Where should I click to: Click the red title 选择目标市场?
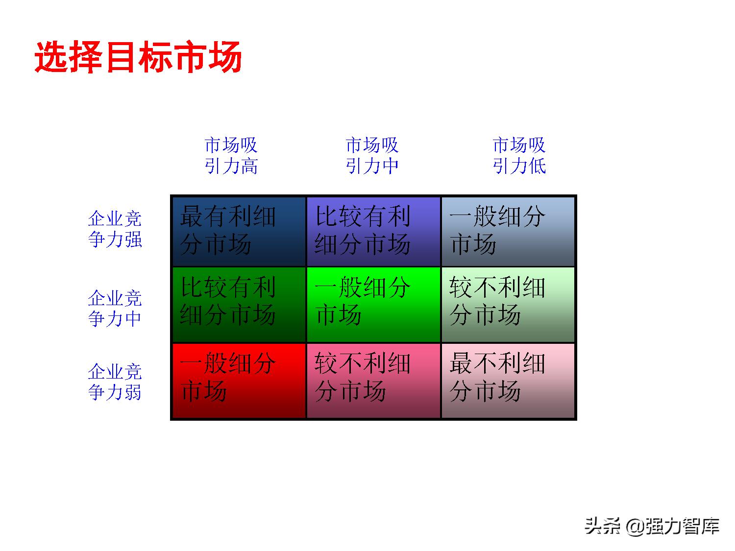pyautogui.click(x=139, y=57)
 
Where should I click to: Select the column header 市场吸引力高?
pyautogui.click(x=231, y=156)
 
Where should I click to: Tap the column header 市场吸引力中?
pyautogui.click(x=372, y=156)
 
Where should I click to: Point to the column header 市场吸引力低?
pyautogui.click(x=519, y=156)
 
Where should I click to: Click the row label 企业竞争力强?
pyautogui.click(x=115, y=229)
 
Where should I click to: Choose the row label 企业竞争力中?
pyautogui.click(x=115, y=308)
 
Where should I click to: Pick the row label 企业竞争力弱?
pyautogui.click(x=115, y=382)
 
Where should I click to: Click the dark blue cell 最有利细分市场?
pyautogui.click(x=239, y=231)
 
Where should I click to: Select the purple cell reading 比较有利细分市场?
pyautogui.click(x=373, y=231)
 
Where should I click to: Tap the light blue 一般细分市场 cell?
pyautogui.click(x=508, y=231)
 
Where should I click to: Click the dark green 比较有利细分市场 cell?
pyautogui.click(x=239, y=304)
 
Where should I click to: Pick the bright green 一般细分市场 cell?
pyautogui.click(x=373, y=304)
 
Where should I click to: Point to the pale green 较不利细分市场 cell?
pyautogui.click(x=508, y=304)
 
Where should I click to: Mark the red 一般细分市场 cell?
pyautogui.click(x=239, y=381)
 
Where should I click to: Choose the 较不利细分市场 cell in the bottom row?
pyautogui.click(x=373, y=381)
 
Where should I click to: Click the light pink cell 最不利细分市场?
pyautogui.click(x=508, y=381)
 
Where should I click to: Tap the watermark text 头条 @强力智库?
pyautogui.click(x=652, y=526)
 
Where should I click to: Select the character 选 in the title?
pyautogui.click(x=51, y=57)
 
